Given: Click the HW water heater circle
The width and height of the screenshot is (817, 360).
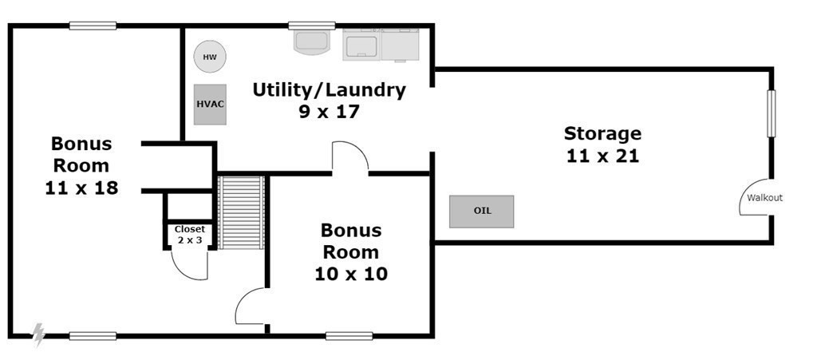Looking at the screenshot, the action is point(210,57).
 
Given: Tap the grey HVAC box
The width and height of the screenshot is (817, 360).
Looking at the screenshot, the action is point(210,105).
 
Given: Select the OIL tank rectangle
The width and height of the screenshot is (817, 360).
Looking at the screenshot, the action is point(481,212).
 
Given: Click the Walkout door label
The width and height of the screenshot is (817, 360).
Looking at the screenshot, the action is point(765,198).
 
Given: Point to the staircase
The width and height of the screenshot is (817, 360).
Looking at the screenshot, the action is point(241,212).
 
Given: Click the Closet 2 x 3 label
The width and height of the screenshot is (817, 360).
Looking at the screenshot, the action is point(190,235).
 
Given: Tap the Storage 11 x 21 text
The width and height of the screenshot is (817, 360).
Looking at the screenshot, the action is point(603,144).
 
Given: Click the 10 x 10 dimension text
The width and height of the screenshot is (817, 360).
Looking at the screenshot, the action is point(351,274).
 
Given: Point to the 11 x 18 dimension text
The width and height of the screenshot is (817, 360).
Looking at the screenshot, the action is point(81,188).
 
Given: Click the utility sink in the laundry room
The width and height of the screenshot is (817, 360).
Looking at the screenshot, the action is point(312,42).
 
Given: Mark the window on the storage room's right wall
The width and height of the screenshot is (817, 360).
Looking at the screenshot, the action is point(772,113).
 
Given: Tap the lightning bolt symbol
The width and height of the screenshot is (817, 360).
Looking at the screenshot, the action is point(38,334).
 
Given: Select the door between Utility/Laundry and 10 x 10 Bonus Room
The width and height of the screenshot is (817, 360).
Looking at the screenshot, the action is point(350,156).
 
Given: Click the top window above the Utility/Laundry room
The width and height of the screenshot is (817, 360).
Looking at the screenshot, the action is point(312,26).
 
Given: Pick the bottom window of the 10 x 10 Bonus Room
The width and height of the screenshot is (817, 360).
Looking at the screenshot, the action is point(349,336).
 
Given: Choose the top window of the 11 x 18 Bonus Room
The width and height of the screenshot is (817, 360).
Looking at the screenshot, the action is point(93,26).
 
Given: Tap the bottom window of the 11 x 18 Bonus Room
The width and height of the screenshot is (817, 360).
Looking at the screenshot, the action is point(93,336).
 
